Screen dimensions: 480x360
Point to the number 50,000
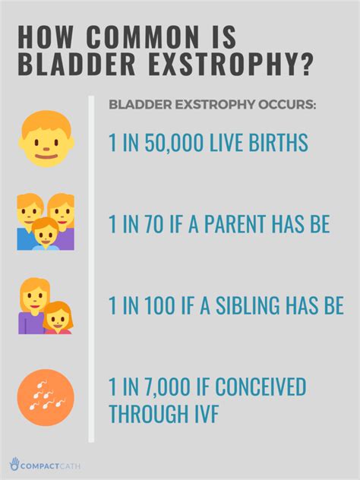tap(168, 142)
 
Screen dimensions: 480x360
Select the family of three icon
tap(46, 221)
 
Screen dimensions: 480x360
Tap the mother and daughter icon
tap(45, 307)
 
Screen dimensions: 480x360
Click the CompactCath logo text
tap(51, 465)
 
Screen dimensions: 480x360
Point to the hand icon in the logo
tap(14, 463)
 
